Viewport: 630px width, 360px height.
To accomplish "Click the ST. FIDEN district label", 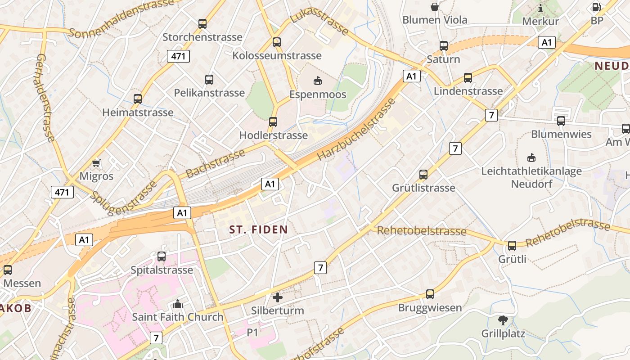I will [x=258, y=229].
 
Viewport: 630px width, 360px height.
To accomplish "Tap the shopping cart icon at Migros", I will [x=96, y=162].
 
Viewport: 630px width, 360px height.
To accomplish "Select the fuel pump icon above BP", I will [x=597, y=7].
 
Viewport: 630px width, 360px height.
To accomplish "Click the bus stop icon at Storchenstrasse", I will [x=202, y=23].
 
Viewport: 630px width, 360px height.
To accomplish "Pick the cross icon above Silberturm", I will [x=278, y=297].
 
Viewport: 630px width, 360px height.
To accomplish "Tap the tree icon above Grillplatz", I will [x=503, y=320].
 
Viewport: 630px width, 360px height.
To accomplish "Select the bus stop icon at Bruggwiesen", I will [x=430, y=294].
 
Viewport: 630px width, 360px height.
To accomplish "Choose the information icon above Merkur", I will [x=540, y=8].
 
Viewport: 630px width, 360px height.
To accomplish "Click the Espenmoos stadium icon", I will [x=318, y=81].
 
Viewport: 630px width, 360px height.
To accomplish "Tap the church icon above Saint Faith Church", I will [x=178, y=303].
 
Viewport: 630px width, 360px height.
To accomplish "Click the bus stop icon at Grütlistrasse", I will [x=423, y=175].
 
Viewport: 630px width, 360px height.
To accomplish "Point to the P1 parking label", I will [x=252, y=333].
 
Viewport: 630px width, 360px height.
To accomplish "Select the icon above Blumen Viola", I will [x=435, y=7].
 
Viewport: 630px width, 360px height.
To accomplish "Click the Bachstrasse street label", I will [x=215, y=163].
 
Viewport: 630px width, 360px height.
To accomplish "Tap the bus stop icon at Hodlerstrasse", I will [x=273, y=122].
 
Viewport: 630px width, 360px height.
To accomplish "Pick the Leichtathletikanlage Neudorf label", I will [x=531, y=177].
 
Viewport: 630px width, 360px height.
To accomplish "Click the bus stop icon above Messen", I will [x=8, y=270].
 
